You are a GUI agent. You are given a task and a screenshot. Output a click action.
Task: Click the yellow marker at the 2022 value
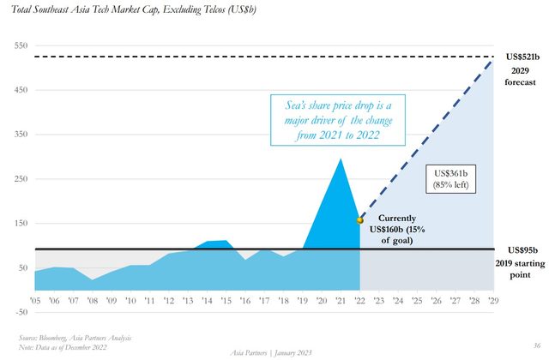coord(360,220)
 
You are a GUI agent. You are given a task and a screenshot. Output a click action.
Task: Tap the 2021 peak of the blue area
coord(341,159)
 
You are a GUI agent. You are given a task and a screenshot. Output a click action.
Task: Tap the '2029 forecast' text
coord(521,76)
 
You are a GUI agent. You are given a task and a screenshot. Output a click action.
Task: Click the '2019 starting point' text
coord(521,268)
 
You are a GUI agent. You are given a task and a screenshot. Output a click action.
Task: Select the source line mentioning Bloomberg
coord(71,338)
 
